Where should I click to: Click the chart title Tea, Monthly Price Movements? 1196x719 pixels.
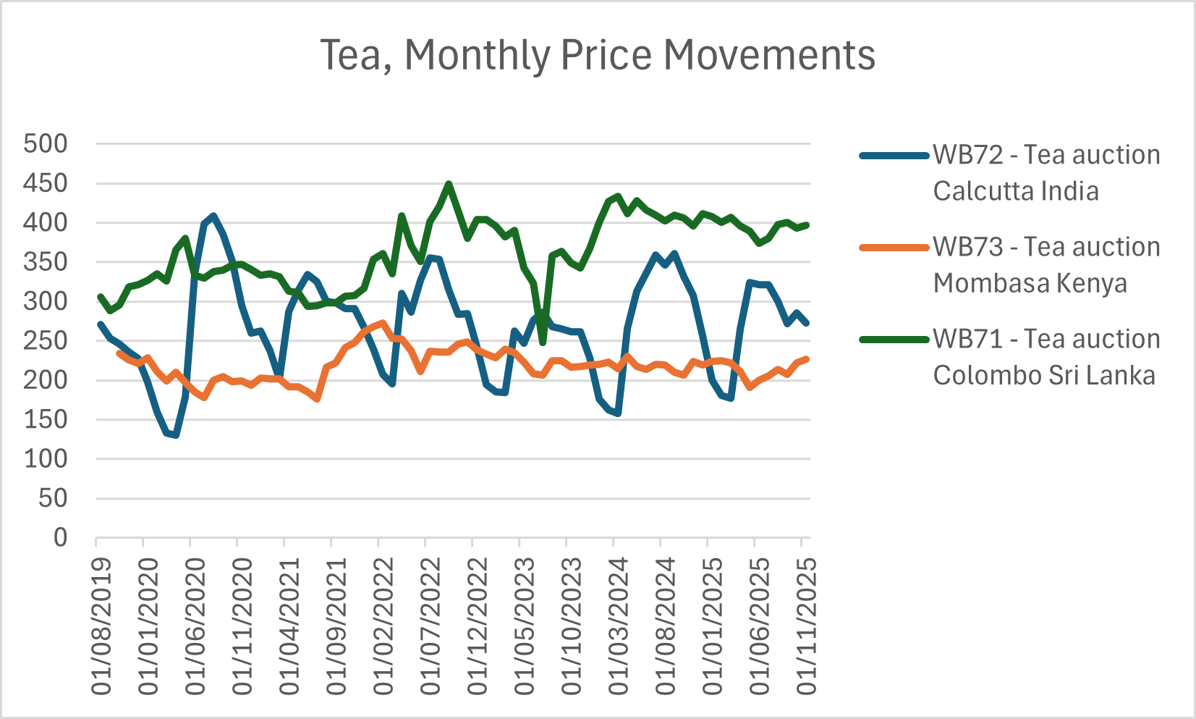click(x=598, y=55)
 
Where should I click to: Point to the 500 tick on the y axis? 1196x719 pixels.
click(x=46, y=143)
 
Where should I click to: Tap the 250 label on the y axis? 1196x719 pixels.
click(x=46, y=340)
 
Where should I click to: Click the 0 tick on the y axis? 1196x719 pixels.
click(x=60, y=537)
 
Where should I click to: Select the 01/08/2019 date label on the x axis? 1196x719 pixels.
click(x=102, y=626)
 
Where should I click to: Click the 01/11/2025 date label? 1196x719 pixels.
click(x=806, y=626)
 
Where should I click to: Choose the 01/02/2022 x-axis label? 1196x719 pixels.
click(x=383, y=626)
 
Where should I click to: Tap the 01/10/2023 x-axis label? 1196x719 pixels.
click(x=572, y=626)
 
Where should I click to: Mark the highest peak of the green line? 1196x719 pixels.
click(x=449, y=184)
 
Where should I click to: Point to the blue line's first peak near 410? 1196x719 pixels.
click(x=213, y=216)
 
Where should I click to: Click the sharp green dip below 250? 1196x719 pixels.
click(x=543, y=342)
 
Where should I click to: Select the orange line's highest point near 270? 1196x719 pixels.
click(x=383, y=323)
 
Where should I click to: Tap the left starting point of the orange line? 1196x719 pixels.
click(x=119, y=353)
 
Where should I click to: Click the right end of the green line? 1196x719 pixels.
click(x=807, y=225)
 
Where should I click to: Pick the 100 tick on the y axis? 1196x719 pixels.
click(x=46, y=458)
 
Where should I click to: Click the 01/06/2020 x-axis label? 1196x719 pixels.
click(x=196, y=626)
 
